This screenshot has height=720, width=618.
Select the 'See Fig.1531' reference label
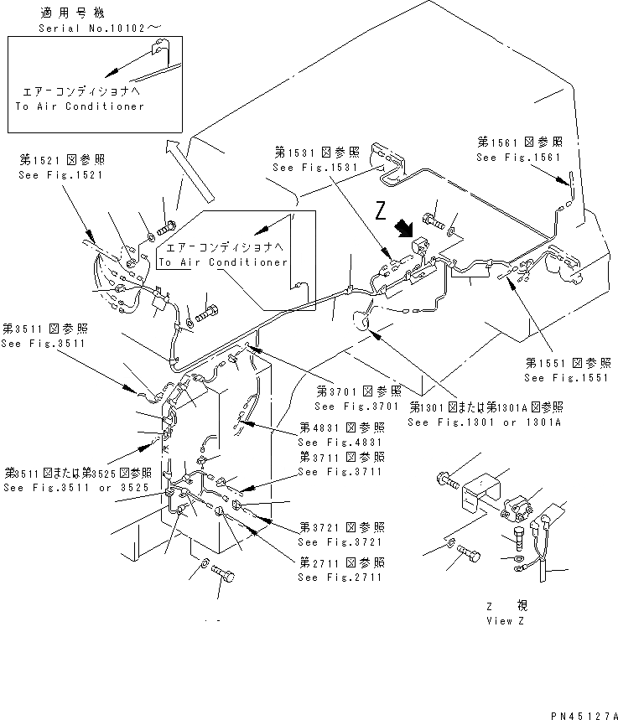(x=315, y=168)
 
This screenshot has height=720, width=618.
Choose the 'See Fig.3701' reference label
(x=358, y=407)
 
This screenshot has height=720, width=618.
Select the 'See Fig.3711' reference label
(x=341, y=472)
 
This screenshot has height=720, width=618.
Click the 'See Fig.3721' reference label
(x=341, y=543)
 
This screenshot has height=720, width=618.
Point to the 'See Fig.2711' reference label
(x=341, y=578)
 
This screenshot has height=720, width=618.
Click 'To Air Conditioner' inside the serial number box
(x=80, y=106)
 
